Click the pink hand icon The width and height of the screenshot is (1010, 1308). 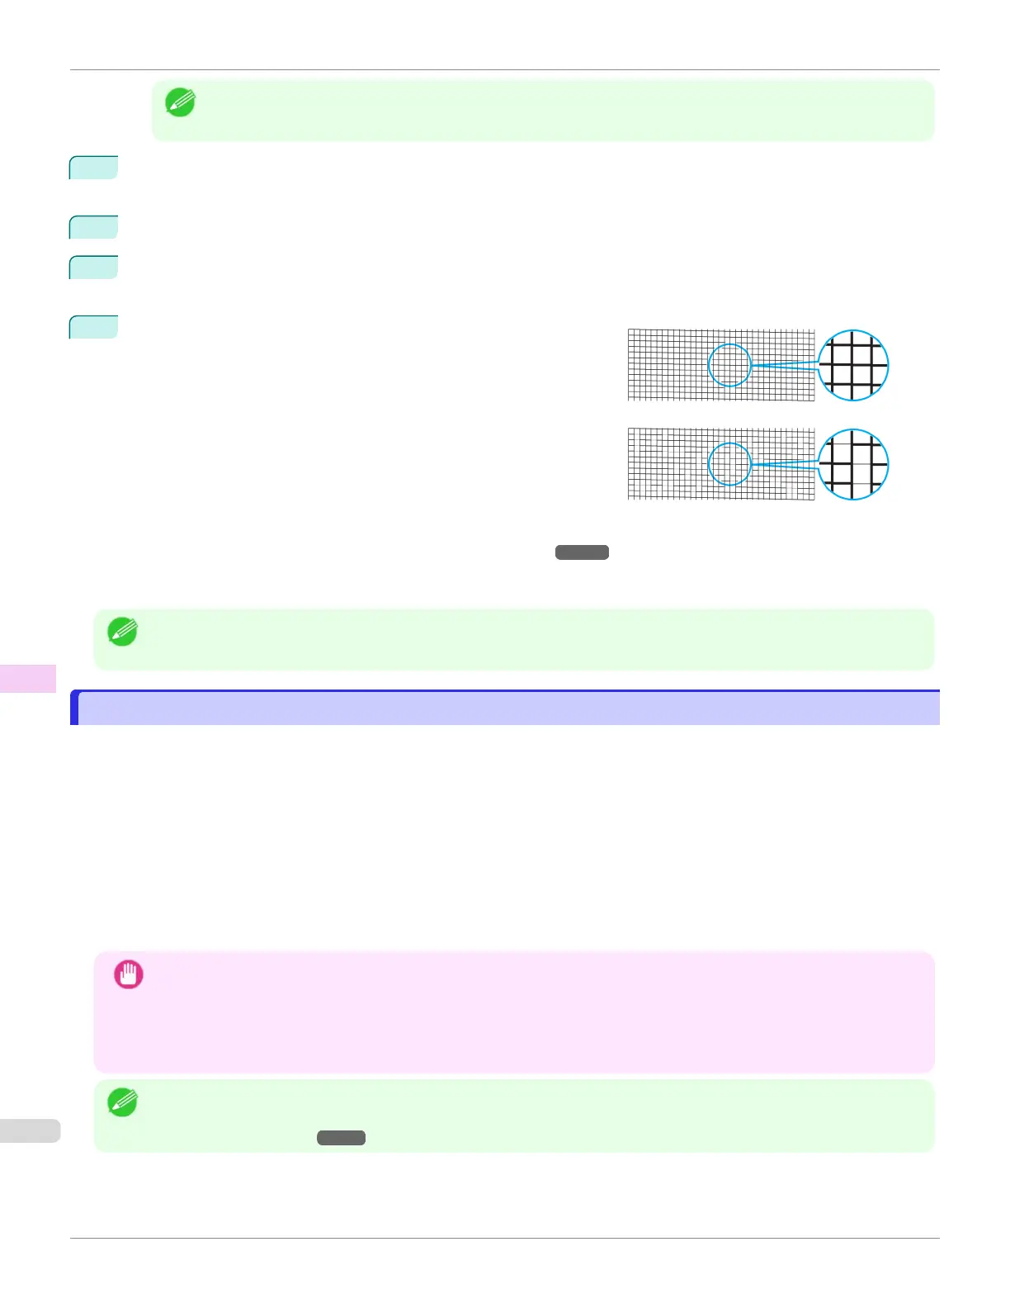(129, 974)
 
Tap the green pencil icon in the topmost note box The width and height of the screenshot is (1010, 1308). (180, 102)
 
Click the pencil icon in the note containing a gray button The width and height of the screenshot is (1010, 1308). (122, 1102)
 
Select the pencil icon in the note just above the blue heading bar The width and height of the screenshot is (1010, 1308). (122, 632)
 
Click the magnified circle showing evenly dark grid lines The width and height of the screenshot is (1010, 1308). (853, 365)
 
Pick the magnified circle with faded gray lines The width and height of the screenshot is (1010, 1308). (853, 464)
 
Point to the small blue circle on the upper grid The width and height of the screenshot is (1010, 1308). (729, 365)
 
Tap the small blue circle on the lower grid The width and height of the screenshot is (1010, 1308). (729, 464)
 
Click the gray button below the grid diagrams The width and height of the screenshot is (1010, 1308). (582, 552)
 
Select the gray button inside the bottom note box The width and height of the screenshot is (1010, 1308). (341, 1138)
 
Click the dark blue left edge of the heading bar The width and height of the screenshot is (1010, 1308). (74, 708)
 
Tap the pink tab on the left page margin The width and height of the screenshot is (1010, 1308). (28, 678)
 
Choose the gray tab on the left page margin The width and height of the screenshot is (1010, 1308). (30, 1130)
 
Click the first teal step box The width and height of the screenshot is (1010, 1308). (93, 167)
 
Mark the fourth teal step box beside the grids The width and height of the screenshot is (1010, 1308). (93, 327)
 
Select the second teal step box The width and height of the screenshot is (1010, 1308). (93, 226)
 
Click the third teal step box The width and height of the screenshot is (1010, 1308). (93, 267)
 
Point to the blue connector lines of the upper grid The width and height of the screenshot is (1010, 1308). (784, 365)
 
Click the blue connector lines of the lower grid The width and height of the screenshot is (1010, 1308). (784, 464)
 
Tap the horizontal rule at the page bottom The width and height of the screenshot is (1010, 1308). (505, 1238)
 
